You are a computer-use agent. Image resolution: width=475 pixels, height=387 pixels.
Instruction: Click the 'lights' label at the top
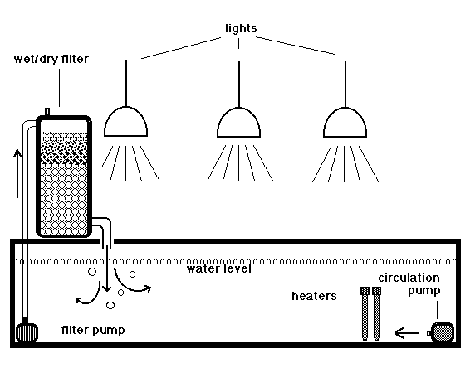point(241,28)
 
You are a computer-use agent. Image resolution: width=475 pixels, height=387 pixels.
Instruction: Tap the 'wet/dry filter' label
point(51,59)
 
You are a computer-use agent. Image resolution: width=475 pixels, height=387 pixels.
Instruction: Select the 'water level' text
point(218,268)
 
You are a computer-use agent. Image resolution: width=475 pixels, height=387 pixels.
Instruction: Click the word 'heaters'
point(314,296)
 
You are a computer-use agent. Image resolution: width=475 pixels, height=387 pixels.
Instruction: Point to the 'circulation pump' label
point(409,284)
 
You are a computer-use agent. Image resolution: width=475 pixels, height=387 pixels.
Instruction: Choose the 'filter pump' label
point(93,330)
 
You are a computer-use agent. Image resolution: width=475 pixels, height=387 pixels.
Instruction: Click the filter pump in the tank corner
point(27,332)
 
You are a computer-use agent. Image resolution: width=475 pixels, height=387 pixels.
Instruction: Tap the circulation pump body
point(443,332)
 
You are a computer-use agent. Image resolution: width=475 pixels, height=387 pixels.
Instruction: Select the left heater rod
point(365,314)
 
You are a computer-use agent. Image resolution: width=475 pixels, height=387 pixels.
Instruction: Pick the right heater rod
point(376,314)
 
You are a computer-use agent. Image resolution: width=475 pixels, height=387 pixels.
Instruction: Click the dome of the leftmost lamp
point(125,122)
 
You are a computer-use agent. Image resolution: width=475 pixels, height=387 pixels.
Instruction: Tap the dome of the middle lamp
point(238,122)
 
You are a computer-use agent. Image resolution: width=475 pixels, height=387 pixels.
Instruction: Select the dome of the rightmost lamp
point(345,122)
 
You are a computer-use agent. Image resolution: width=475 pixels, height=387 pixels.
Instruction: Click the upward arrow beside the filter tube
point(17,173)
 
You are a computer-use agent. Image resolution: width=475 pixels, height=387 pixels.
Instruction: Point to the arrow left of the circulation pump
point(407,333)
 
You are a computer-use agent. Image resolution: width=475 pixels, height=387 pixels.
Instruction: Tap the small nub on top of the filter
point(47,112)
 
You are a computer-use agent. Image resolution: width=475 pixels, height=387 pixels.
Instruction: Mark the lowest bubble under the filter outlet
point(110,305)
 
